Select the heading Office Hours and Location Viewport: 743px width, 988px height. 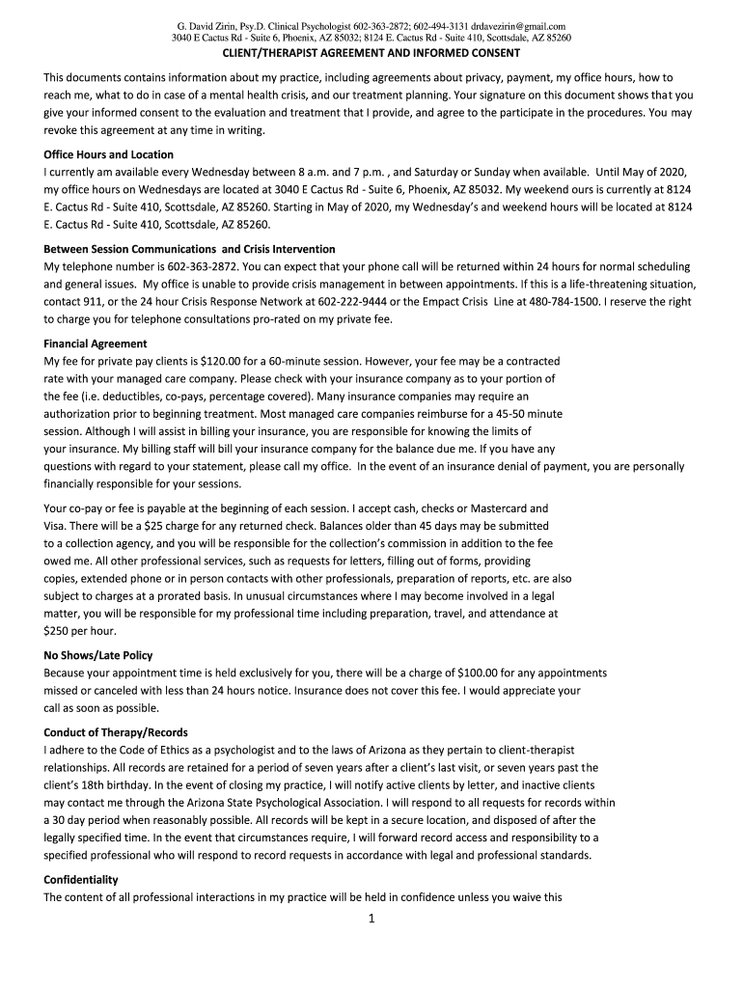[109, 154]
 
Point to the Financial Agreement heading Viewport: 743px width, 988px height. [96, 343]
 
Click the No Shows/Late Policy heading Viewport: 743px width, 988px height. [98, 655]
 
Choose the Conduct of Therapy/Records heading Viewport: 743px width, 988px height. [116, 731]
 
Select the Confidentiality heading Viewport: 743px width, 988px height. [81, 880]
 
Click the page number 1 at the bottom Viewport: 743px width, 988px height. [371, 919]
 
